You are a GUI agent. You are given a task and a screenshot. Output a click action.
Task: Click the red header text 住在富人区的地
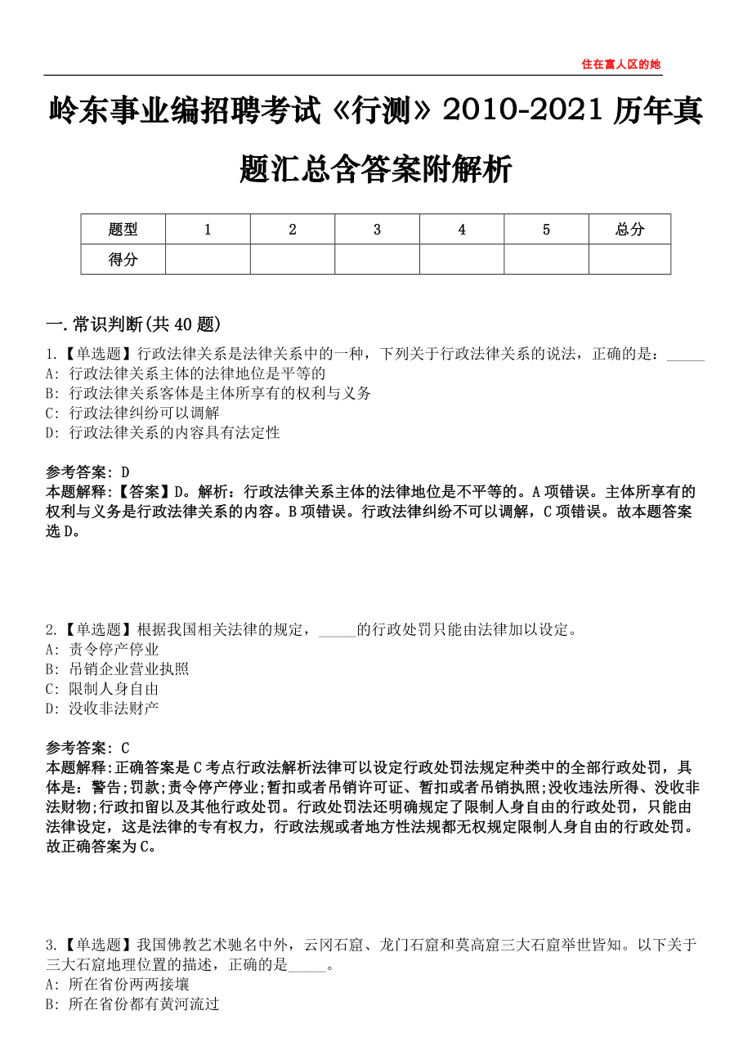point(620,64)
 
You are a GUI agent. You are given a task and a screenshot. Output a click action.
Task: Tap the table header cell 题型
point(123,230)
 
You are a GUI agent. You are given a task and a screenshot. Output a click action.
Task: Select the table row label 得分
point(123,260)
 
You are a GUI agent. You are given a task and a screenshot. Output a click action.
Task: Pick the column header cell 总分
point(629,230)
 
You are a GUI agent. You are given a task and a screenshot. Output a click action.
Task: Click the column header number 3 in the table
point(377,230)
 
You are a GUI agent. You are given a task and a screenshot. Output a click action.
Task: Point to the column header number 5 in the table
point(546,230)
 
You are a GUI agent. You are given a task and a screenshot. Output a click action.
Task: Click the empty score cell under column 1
point(208,260)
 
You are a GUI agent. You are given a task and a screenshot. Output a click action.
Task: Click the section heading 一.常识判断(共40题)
point(133,324)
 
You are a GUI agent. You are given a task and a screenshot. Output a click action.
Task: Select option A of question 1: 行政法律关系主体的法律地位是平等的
point(186,373)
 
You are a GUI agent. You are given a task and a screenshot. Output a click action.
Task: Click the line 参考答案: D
point(88,472)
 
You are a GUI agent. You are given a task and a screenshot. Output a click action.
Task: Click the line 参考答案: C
point(88,748)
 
